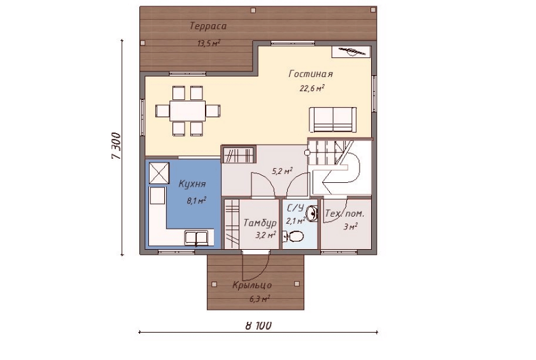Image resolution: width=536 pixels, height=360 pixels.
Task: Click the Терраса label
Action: (208, 26)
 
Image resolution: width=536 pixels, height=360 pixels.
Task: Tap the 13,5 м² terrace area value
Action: (209, 43)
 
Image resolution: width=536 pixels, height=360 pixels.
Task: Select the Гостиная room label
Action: (311, 74)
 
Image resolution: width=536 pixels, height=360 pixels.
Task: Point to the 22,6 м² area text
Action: (312, 89)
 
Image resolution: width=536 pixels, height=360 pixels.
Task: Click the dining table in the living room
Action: (187, 111)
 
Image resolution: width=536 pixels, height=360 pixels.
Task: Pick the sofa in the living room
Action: (332, 119)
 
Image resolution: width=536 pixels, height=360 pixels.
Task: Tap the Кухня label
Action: (192, 184)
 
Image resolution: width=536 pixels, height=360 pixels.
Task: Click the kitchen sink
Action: (196, 238)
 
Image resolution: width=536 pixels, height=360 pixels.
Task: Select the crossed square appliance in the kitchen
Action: (159, 173)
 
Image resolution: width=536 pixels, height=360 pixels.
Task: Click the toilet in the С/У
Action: (293, 236)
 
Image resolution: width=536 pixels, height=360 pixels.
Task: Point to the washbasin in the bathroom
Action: (311, 213)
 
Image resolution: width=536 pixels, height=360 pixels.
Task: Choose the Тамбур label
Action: (260, 223)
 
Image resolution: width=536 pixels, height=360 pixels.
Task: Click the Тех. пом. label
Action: (344, 214)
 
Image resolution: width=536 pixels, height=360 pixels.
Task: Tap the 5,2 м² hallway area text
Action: (282, 171)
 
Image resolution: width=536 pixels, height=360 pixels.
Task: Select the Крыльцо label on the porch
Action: (252, 285)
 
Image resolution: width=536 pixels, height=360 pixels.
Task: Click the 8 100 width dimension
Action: (258, 325)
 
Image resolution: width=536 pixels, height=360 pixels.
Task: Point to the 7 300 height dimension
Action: (116, 146)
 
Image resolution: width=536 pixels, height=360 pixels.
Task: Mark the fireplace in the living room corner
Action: (351, 52)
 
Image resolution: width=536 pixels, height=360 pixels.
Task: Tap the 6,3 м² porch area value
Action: (260, 299)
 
